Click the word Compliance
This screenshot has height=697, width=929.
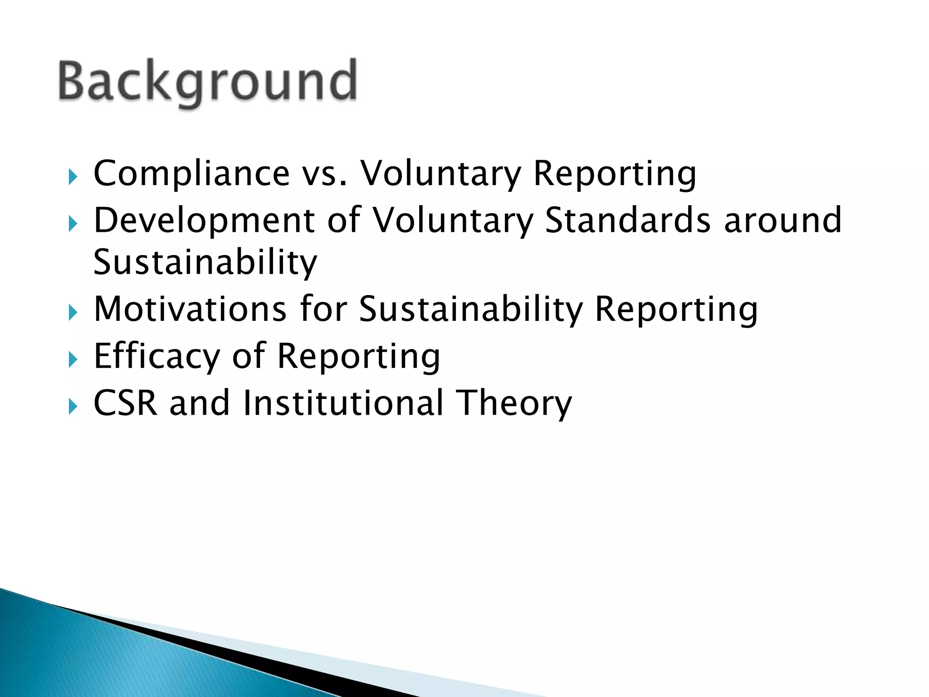click(x=191, y=173)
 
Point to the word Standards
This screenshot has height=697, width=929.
click(x=627, y=221)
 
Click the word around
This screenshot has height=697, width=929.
click(x=782, y=221)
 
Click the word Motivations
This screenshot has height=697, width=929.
click(x=190, y=309)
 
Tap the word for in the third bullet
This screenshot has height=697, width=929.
click(x=323, y=309)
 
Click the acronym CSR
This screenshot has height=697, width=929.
click(x=125, y=403)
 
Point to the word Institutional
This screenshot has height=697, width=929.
click(x=343, y=403)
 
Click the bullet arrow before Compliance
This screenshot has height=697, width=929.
click(x=73, y=177)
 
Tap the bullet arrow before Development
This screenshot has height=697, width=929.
click(x=73, y=224)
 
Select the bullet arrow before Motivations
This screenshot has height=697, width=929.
click(x=73, y=313)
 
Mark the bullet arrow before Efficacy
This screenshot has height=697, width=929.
click(x=73, y=360)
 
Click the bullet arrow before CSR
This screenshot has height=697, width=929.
click(x=73, y=406)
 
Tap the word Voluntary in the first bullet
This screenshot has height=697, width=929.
click(x=440, y=174)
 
